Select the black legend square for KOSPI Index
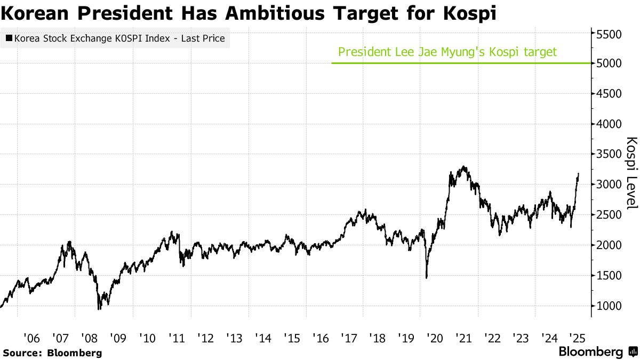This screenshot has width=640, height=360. pyautogui.click(x=9, y=39)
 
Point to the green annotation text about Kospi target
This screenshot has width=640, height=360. pyautogui.click(x=447, y=52)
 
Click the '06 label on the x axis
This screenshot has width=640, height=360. pyautogui.click(x=31, y=338)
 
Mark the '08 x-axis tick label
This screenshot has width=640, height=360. pyautogui.click(x=89, y=338)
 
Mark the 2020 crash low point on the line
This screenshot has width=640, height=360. pyautogui.click(x=427, y=277)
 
